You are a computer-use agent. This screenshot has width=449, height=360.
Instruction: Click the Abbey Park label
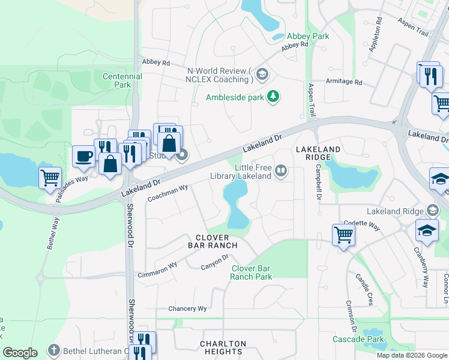click(308, 36)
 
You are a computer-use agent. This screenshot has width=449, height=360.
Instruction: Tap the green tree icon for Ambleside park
click(273, 97)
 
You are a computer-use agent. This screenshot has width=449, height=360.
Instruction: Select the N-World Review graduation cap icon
click(262, 75)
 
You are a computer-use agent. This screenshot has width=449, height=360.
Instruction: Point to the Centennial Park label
click(122, 80)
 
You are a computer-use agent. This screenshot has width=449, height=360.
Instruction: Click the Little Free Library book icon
click(280, 172)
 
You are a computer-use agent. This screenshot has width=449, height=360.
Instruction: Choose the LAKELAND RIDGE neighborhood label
click(318, 152)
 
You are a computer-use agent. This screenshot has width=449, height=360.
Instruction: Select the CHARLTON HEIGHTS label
click(223, 347)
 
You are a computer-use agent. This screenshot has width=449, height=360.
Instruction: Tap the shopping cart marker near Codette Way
click(343, 235)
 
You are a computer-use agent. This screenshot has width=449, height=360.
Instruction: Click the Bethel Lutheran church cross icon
click(54, 350)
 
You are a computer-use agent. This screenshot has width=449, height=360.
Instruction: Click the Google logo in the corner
click(20, 353)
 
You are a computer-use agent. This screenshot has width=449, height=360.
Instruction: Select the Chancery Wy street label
click(187, 308)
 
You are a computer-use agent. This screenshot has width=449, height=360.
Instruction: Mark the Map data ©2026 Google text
click(411, 355)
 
